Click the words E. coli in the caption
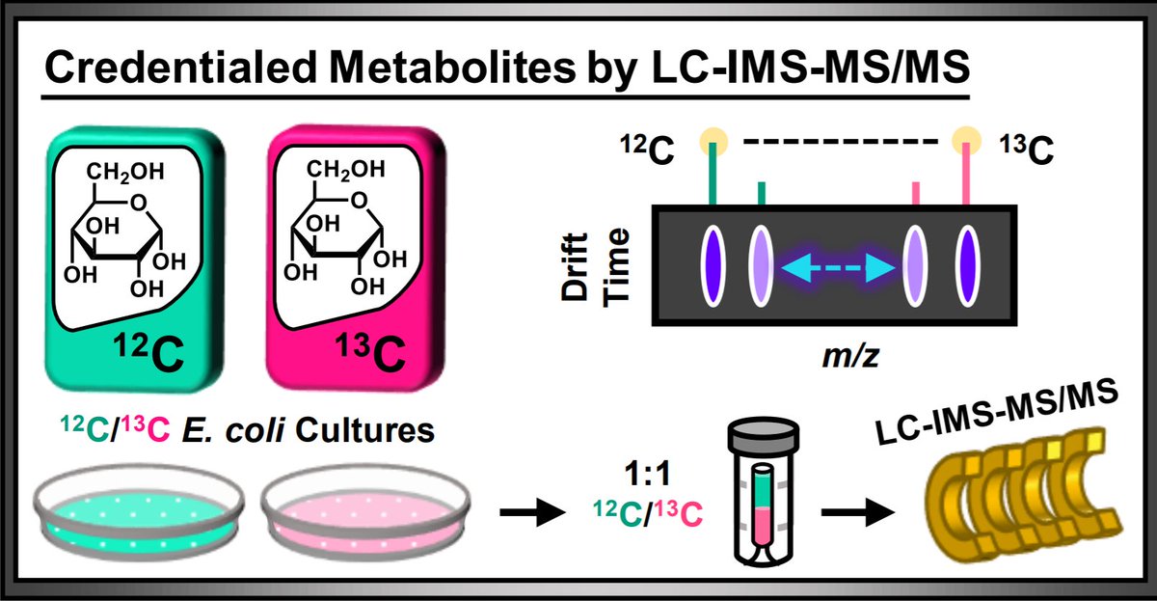[x=216, y=430]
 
